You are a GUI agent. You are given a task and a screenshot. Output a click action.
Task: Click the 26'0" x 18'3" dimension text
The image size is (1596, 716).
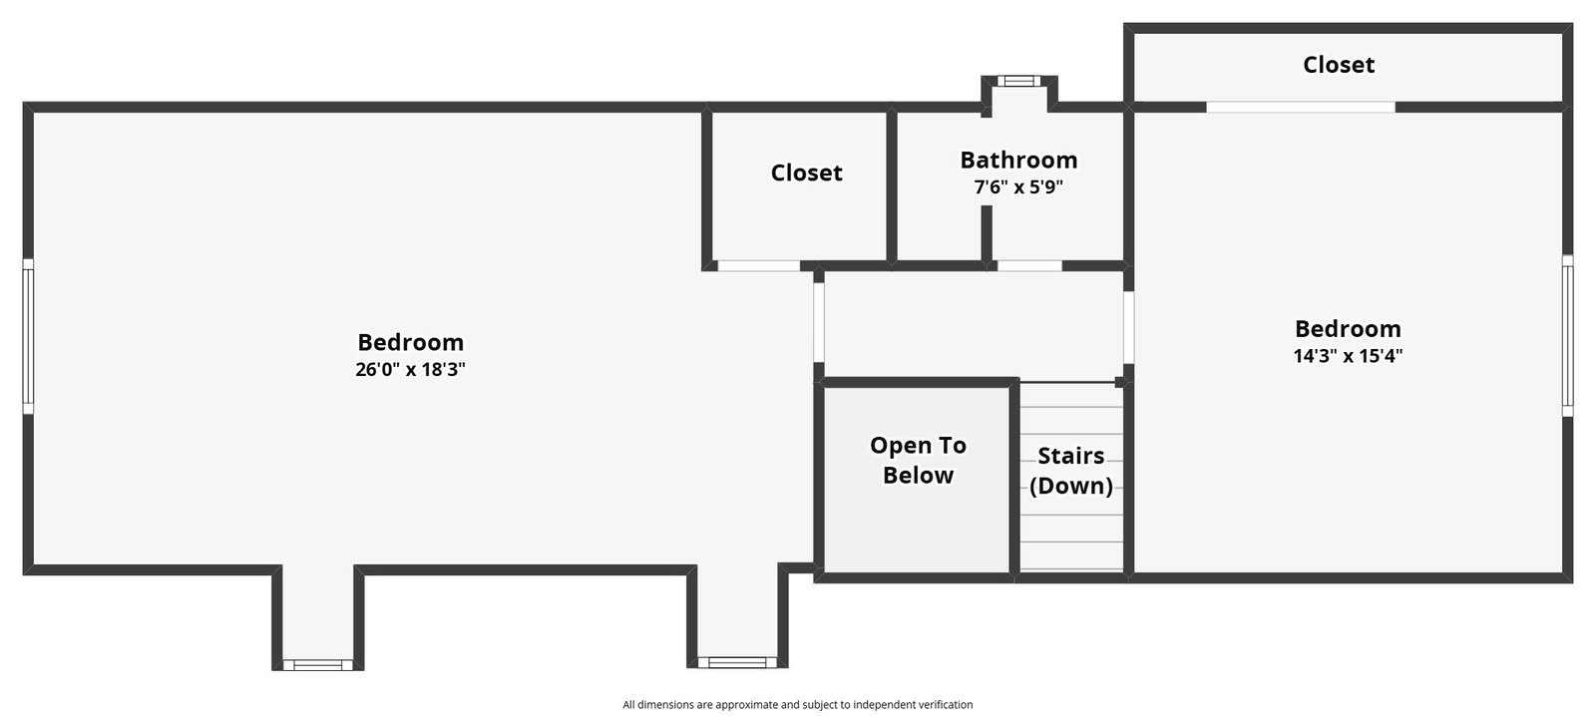point(410,370)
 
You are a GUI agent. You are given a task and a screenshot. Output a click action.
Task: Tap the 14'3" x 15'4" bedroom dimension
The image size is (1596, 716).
point(1348,355)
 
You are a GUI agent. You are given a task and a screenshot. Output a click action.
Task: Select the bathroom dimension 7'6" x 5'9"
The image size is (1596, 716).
point(1018,187)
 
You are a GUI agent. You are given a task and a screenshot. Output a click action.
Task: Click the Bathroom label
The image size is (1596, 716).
point(1018,160)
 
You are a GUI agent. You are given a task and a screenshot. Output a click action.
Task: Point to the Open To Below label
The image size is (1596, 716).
point(918,461)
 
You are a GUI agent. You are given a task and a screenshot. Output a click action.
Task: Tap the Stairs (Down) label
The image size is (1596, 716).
point(1071,471)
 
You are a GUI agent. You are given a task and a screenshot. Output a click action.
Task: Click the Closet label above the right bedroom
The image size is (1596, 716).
point(1339,65)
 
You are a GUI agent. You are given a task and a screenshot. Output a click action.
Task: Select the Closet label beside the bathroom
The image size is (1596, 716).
point(807,173)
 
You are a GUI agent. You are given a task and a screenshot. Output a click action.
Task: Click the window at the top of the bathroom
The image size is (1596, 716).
point(1018,81)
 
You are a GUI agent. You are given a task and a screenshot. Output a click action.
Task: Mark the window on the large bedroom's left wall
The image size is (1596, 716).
point(29,335)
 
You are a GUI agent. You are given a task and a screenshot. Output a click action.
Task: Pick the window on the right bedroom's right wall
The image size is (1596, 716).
point(1567,335)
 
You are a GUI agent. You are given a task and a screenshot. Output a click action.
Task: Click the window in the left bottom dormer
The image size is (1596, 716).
point(318,665)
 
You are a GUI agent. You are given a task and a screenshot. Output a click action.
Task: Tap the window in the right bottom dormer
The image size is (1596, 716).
point(737,662)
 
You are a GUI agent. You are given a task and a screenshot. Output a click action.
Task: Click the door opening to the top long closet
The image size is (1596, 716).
point(1301,107)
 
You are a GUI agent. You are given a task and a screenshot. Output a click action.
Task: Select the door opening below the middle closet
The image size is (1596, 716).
point(759,265)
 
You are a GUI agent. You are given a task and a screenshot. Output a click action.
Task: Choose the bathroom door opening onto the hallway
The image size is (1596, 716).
point(1029,265)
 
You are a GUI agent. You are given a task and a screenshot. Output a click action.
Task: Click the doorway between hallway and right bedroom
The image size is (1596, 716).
point(1128,327)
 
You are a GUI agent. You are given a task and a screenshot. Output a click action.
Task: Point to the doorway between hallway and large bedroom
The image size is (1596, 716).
point(819,322)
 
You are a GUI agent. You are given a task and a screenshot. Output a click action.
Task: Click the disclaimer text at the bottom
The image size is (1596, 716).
point(797,705)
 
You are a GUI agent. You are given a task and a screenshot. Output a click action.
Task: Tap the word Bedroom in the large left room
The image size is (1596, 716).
point(410,343)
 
